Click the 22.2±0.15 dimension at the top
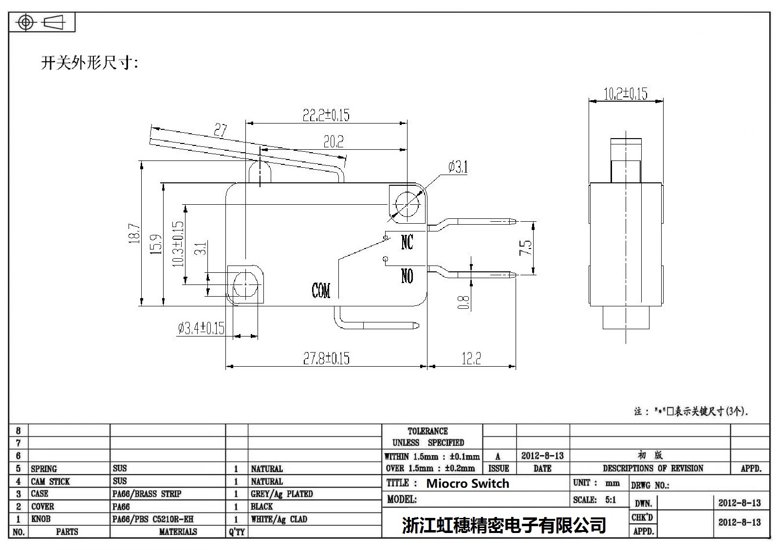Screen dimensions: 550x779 (326, 115)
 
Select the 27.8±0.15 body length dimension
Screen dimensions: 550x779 (326, 359)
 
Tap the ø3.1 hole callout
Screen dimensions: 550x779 (458, 168)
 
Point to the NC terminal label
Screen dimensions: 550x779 (407, 242)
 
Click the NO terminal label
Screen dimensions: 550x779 (407, 276)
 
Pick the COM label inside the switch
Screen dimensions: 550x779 (321, 291)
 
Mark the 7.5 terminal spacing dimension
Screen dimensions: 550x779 (526, 248)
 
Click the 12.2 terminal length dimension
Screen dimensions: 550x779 (471, 359)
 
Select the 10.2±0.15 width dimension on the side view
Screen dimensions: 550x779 (626, 93)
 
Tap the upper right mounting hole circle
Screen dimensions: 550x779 (407, 203)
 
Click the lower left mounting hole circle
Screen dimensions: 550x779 (245, 284)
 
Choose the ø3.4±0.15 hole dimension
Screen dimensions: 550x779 (201, 329)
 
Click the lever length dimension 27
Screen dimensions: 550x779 (221, 130)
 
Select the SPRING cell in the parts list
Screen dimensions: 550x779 (44, 469)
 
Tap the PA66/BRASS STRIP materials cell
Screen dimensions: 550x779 (147, 494)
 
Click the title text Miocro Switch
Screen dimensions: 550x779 (467, 483)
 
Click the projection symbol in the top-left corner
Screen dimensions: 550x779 (42, 23)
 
